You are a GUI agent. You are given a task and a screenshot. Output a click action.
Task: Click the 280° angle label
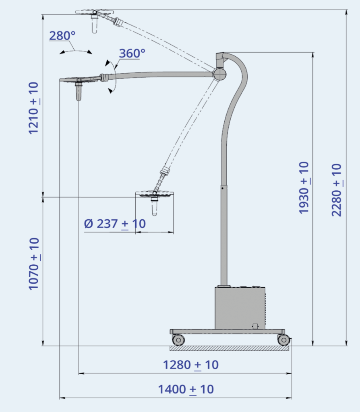point(62,36)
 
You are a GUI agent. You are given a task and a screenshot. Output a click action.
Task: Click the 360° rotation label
point(132,54)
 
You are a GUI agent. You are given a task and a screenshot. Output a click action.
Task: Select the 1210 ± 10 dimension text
point(34,108)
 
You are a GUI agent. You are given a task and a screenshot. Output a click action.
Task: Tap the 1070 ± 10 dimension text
point(34,264)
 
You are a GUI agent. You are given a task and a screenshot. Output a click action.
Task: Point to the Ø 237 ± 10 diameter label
point(115,224)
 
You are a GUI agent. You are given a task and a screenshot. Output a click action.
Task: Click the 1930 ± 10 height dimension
point(304,187)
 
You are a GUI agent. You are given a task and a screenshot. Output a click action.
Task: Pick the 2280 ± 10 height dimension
point(337,190)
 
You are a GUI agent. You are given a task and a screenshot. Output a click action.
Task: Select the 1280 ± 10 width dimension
point(190,365)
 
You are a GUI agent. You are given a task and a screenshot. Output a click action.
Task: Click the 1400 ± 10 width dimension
point(186,389)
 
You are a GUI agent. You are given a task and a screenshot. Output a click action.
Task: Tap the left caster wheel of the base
point(178,340)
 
